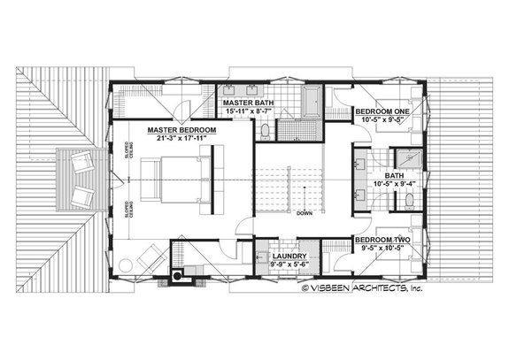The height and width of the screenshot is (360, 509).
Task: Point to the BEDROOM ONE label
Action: (x=380, y=112)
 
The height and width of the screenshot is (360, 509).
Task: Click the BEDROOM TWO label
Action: (x=380, y=240)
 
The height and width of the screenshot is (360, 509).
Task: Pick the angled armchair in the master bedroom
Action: (x=150, y=258)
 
